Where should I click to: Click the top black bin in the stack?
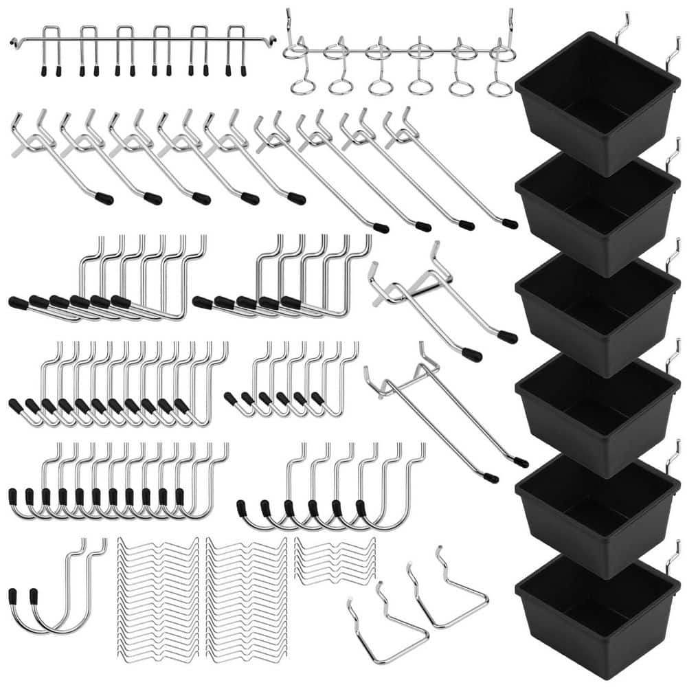tap(596, 103)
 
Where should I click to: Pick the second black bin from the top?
tap(596, 210)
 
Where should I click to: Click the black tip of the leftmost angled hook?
tap(104, 199)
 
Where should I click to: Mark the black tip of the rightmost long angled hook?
tap(509, 223)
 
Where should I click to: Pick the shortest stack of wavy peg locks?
tap(335, 560)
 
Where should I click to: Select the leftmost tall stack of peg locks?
tap(158, 598)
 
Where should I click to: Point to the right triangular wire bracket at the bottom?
tap(450, 591)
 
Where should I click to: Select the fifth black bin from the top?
tap(596, 515)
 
